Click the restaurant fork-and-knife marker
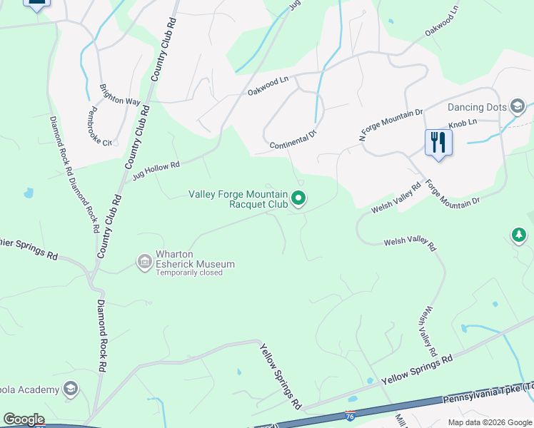pos(438,142)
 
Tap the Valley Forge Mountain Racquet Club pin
pos(299,199)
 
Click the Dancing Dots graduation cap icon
pos(518,108)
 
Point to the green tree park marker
pos(519,235)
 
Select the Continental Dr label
pos(293,140)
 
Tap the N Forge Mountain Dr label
pos(391,126)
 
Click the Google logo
pos(23,419)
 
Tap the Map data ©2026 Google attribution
pos(489,422)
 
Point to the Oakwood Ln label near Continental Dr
pos(268,87)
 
